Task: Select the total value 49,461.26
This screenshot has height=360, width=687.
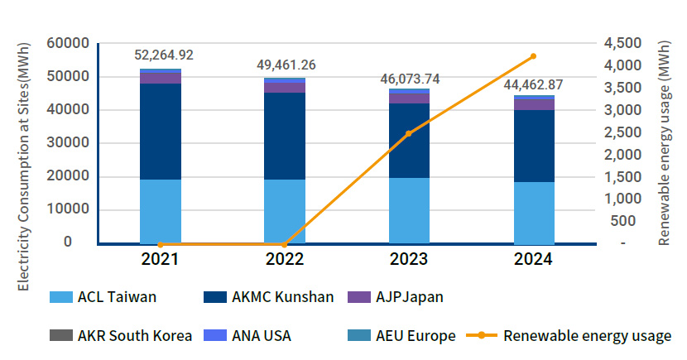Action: pos(285,65)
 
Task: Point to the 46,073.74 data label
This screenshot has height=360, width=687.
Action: pos(410,79)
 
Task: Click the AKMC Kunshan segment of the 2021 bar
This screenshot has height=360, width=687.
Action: pos(161,131)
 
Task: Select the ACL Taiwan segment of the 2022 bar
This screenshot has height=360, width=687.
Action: pos(285,211)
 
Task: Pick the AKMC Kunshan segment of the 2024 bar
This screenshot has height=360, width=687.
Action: pos(534,146)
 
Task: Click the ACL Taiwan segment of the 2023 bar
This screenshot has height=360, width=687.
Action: pos(409,210)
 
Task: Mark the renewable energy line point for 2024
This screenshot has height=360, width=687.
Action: pos(533,56)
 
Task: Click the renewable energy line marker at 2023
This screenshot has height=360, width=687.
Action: pos(409,133)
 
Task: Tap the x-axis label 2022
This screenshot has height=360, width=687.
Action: pos(285,259)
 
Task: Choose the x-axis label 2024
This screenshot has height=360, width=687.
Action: pos(533,259)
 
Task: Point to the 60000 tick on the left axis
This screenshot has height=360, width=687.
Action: pos(70,43)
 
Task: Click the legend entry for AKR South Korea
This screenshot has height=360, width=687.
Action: pos(121,336)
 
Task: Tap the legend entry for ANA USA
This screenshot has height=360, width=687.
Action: pos(252,336)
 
